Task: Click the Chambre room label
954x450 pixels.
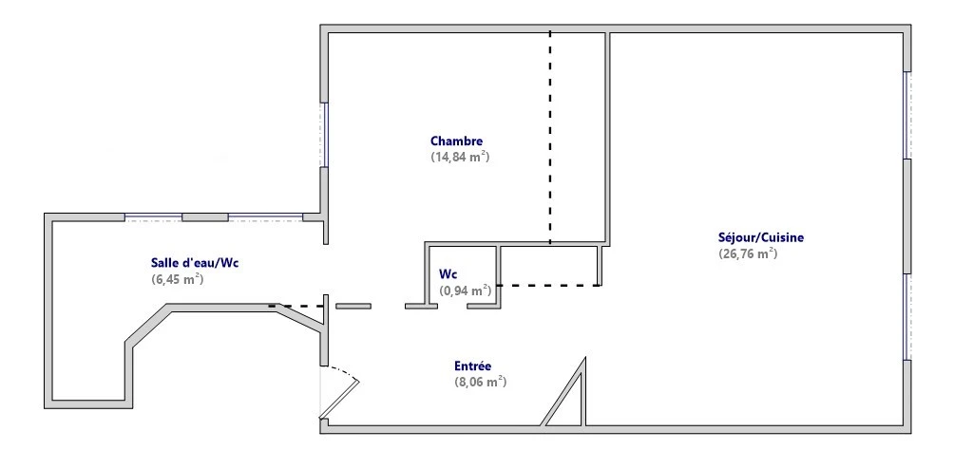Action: click(457, 141)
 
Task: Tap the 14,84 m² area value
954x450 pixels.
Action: click(461, 157)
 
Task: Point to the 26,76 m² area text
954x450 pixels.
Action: click(748, 253)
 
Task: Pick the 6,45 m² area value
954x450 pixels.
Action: click(177, 280)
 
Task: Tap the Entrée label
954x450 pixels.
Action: click(473, 366)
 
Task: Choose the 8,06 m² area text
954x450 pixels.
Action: click(481, 382)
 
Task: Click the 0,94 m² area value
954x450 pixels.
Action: click(466, 291)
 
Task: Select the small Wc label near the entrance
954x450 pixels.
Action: click(448, 274)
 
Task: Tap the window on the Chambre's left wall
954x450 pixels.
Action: click(324, 135)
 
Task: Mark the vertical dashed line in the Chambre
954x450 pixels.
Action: click(550, 138)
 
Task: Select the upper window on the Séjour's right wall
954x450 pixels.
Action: click(907, 115)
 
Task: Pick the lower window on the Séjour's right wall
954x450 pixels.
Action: click(907, 316)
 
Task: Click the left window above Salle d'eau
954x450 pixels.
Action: click(153, 217)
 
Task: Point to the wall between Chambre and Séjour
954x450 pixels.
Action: click(606, 138)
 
